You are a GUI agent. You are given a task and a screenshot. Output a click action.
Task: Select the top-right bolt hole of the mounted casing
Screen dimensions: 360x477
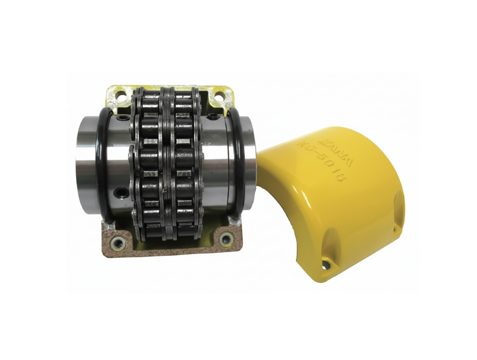(219, 96)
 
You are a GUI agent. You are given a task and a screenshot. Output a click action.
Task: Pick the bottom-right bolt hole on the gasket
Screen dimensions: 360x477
(225, 239)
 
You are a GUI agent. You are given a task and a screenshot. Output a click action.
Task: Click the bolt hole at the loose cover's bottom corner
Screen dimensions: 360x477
(325, 265)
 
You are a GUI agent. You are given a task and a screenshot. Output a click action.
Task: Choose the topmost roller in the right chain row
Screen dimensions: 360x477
(184, 96)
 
